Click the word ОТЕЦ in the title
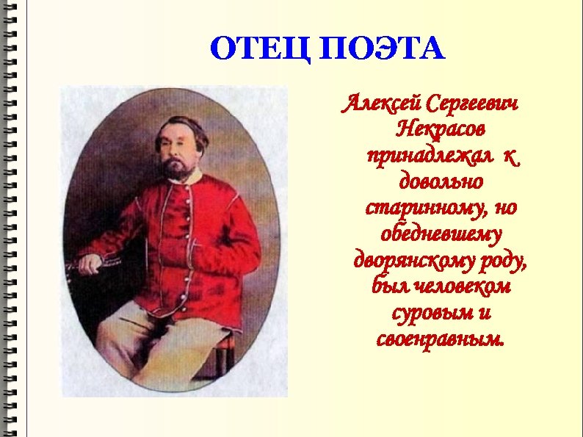click(253, 50)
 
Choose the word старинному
click(419, 208)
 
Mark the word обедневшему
click(440, 234)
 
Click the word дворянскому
click(414, 261)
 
